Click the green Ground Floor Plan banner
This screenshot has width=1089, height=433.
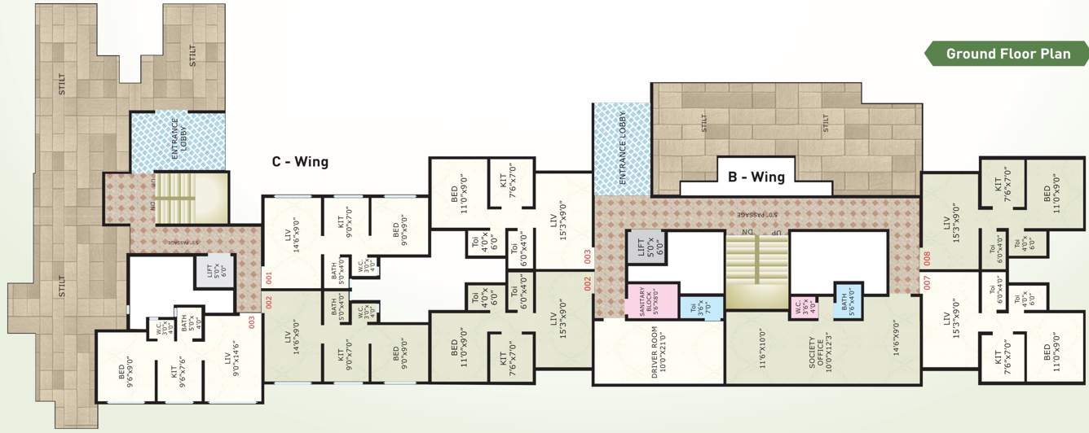[1008, 55]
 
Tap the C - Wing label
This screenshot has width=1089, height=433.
[300, 162]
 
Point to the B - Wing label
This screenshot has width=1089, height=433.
[756, 177]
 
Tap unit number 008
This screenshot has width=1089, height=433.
[927, 259]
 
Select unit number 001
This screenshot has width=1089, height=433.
[268, 277]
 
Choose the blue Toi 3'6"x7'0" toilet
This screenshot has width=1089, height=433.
[702, 308]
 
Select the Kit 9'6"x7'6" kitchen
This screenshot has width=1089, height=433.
[179, 375]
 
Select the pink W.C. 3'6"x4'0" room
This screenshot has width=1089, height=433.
[803, 308]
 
